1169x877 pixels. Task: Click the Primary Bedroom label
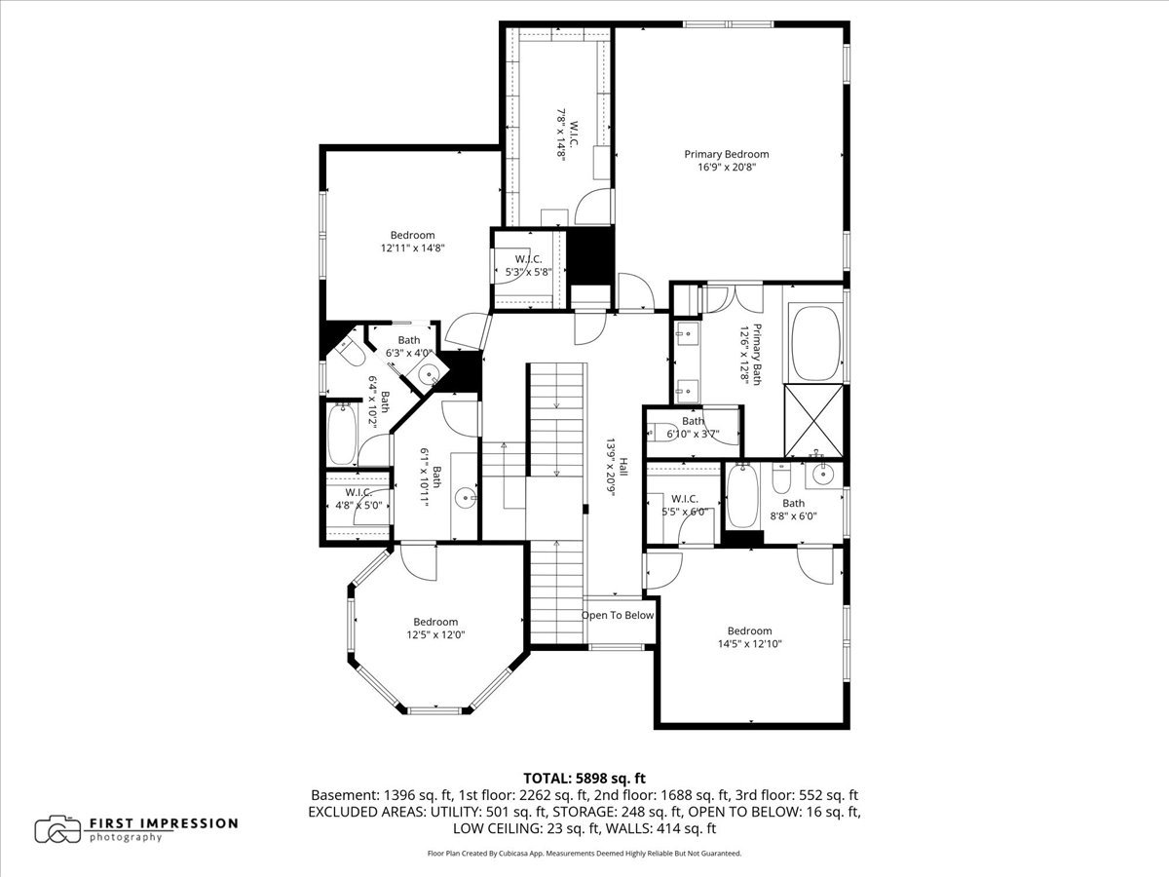[726, 154]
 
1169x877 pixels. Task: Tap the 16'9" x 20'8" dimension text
[726, 168]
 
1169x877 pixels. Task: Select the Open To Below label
[618, 616]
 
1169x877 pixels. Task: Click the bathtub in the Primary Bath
[815, 343]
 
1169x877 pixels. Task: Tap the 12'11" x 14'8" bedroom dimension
[412, 248]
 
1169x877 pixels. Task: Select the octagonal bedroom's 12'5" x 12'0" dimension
[434, 635]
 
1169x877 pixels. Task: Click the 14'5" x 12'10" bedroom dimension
[749, 644]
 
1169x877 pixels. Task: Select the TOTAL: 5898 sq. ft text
[584, 778]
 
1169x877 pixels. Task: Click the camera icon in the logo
[57, 829]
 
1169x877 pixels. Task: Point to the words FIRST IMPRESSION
[164, 823]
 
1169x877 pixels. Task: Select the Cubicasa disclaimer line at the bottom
[584, 854]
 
